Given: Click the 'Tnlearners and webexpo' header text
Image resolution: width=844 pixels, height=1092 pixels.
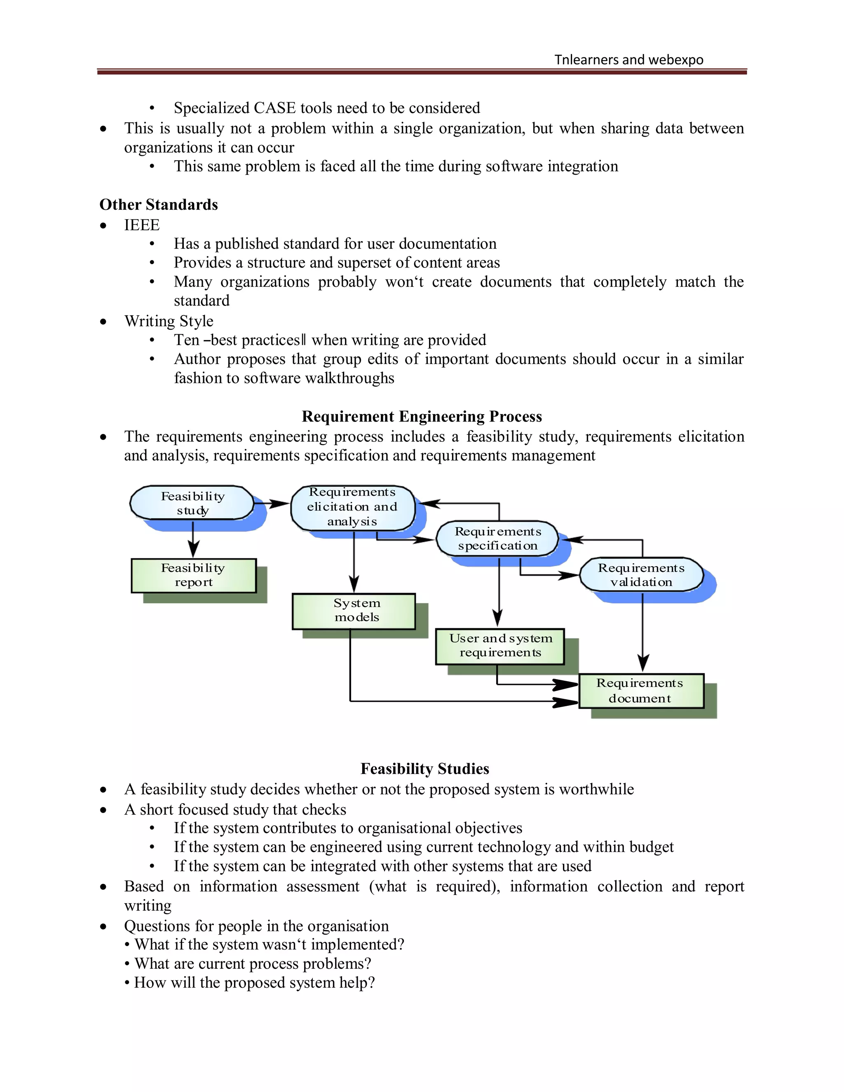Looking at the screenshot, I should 628,60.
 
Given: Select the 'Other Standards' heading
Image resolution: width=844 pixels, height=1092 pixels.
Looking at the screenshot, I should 159,204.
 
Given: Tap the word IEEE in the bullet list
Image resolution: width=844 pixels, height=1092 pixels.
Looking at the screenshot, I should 142,225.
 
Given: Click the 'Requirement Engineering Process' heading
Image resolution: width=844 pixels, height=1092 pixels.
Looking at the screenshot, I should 422,417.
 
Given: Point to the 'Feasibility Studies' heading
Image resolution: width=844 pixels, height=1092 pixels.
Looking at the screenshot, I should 424,769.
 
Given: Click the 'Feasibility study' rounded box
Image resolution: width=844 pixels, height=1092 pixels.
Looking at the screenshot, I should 192,503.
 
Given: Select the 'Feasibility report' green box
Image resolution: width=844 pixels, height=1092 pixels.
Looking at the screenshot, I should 194,576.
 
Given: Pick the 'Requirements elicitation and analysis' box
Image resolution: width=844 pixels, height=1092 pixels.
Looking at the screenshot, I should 352,507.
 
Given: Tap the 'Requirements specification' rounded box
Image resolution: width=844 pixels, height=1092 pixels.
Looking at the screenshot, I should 497,539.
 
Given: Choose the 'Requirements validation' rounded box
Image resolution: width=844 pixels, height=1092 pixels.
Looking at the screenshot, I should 642,574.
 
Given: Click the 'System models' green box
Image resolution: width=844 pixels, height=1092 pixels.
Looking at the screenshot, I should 354,611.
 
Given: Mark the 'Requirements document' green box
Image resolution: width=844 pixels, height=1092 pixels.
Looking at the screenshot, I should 641,691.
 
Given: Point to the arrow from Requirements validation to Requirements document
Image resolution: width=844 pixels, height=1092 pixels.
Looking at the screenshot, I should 643,633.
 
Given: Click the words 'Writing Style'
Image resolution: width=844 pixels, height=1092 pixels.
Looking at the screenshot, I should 169,321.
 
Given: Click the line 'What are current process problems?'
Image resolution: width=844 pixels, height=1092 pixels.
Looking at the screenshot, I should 253,963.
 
